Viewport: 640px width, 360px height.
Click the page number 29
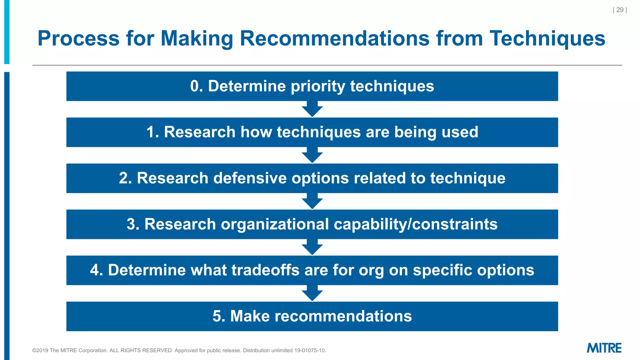(x=620, y=10)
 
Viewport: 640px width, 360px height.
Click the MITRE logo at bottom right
(x=604, y=348)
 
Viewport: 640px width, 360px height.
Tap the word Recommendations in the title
(x=334, y=38)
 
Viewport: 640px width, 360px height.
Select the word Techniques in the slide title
(x=547, y=38)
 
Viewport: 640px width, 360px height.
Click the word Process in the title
(x=78, y=38)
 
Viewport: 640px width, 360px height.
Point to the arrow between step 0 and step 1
(x=312, y=109)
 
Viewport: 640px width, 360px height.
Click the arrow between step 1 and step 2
(x=312, y=155)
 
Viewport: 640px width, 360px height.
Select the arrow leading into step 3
(x=312, y=201)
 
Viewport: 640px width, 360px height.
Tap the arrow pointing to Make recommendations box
(x=312, y=293)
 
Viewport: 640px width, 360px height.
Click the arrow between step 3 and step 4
(x=312, y=247)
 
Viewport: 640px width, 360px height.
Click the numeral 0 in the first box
(x=195, y=86)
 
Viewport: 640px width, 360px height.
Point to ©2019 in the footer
(x=40, y=351)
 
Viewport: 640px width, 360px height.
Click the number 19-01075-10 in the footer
(x=310, y=351)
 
